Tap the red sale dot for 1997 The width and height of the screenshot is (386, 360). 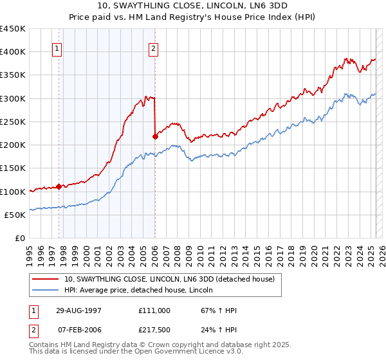click(x=59, y=187)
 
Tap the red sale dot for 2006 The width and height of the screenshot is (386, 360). click(x=155, y=136)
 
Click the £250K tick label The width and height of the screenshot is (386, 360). click(x=13, y=122)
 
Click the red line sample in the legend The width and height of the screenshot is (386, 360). click(x=45, y=279)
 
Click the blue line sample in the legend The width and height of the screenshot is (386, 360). click(x=45, y=291)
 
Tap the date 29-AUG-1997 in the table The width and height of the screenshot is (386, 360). click(x=79, y=311)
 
